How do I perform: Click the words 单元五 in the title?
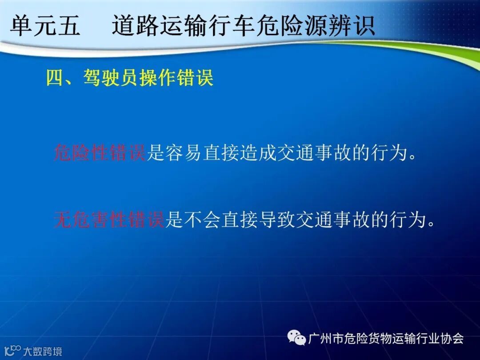coord(45,25)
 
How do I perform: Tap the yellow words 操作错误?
coord(176,78)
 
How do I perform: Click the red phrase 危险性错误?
coord(100,152)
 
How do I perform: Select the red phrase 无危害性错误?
coord(109,220)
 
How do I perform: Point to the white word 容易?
coord(183,152)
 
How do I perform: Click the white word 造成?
coord(258,152)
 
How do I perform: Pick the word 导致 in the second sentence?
coord(276,220)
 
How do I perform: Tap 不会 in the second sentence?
coord(202,220)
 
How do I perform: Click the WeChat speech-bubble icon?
coord(296,337)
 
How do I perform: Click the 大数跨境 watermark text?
coord(43,351)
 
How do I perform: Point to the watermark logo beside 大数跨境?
coord(12,351)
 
